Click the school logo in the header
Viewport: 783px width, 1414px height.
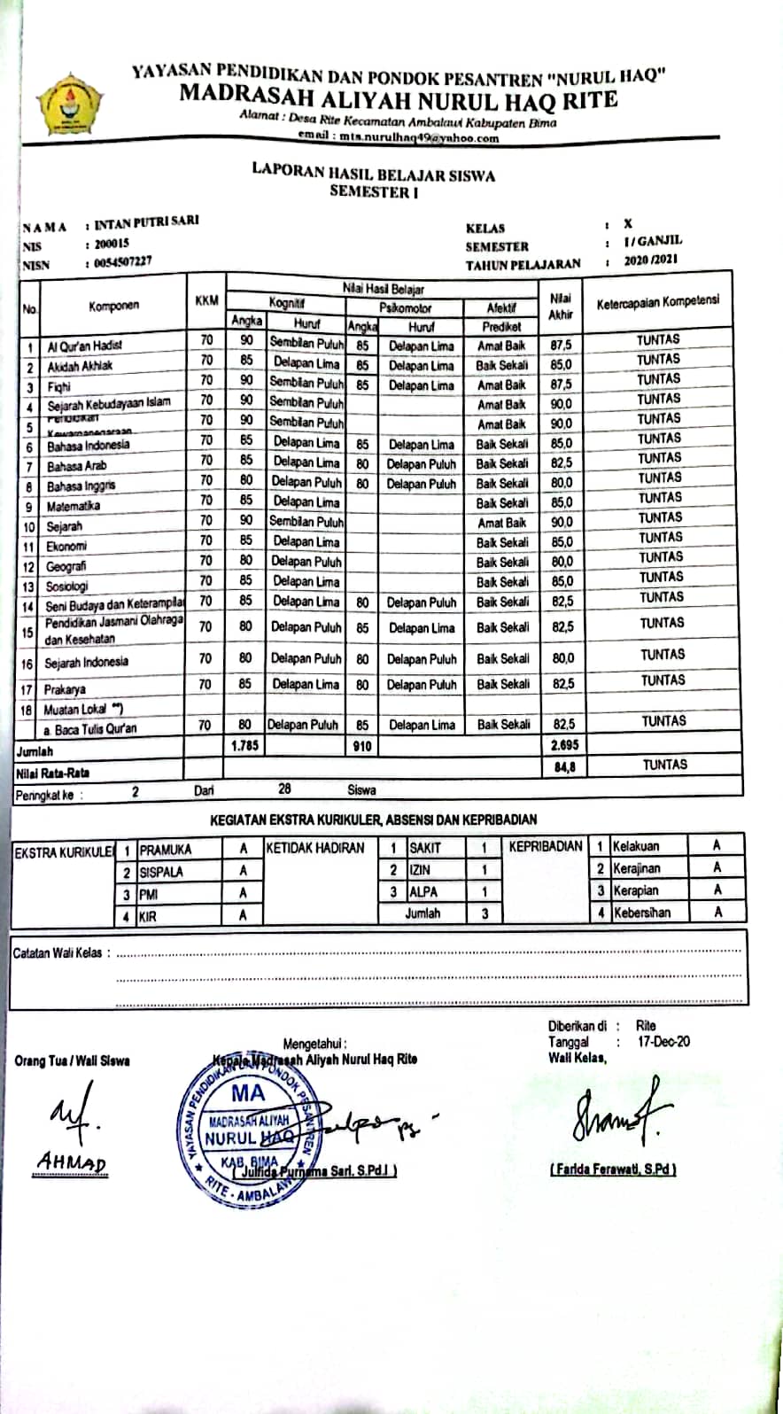[69, 103]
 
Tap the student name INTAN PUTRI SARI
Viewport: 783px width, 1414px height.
[146, 222]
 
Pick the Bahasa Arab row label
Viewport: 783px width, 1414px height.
[76, 465]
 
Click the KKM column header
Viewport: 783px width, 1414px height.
[206, 301]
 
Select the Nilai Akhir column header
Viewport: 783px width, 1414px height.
[560, 306]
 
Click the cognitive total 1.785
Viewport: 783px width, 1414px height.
[244, 746]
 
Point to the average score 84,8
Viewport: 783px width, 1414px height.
[564, 766]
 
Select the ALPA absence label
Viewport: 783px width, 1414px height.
[423, 892]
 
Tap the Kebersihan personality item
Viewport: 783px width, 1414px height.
[641, 912]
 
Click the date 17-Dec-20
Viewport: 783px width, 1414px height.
[663, 1042]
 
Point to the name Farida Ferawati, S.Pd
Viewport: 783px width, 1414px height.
[613, 1169]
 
